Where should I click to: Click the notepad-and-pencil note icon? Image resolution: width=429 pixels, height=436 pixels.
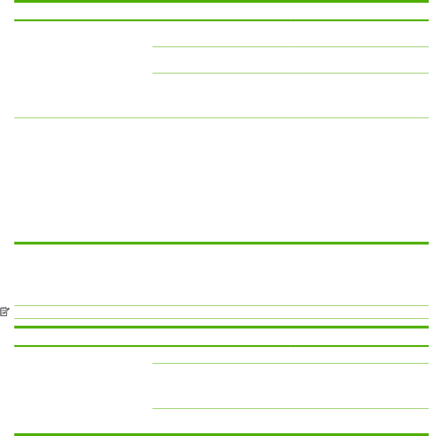4,312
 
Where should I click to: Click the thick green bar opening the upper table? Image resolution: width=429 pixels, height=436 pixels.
221,2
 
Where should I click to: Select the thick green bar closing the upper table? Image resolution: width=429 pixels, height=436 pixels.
221,243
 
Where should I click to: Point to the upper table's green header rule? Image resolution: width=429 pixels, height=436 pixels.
221,20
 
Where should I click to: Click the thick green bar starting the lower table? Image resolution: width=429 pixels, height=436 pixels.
221,327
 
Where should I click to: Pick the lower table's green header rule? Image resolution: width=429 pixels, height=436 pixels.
221,346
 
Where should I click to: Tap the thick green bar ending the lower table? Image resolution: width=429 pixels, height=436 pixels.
221,434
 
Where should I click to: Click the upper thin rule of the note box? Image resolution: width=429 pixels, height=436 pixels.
221,305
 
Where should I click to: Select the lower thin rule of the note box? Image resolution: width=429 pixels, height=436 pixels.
221,319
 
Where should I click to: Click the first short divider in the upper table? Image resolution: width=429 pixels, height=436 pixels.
290,47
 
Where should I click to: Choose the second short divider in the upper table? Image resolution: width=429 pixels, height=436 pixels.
290,73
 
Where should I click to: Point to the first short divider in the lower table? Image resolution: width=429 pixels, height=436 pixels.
290,363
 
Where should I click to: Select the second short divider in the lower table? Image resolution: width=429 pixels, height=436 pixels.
290,408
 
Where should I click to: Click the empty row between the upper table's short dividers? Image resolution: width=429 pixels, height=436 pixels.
290,60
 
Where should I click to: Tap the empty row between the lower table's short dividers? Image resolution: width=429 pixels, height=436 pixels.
290,386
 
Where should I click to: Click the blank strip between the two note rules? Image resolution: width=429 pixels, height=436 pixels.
221,312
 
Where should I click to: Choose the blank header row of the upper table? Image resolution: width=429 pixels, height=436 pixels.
221,11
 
